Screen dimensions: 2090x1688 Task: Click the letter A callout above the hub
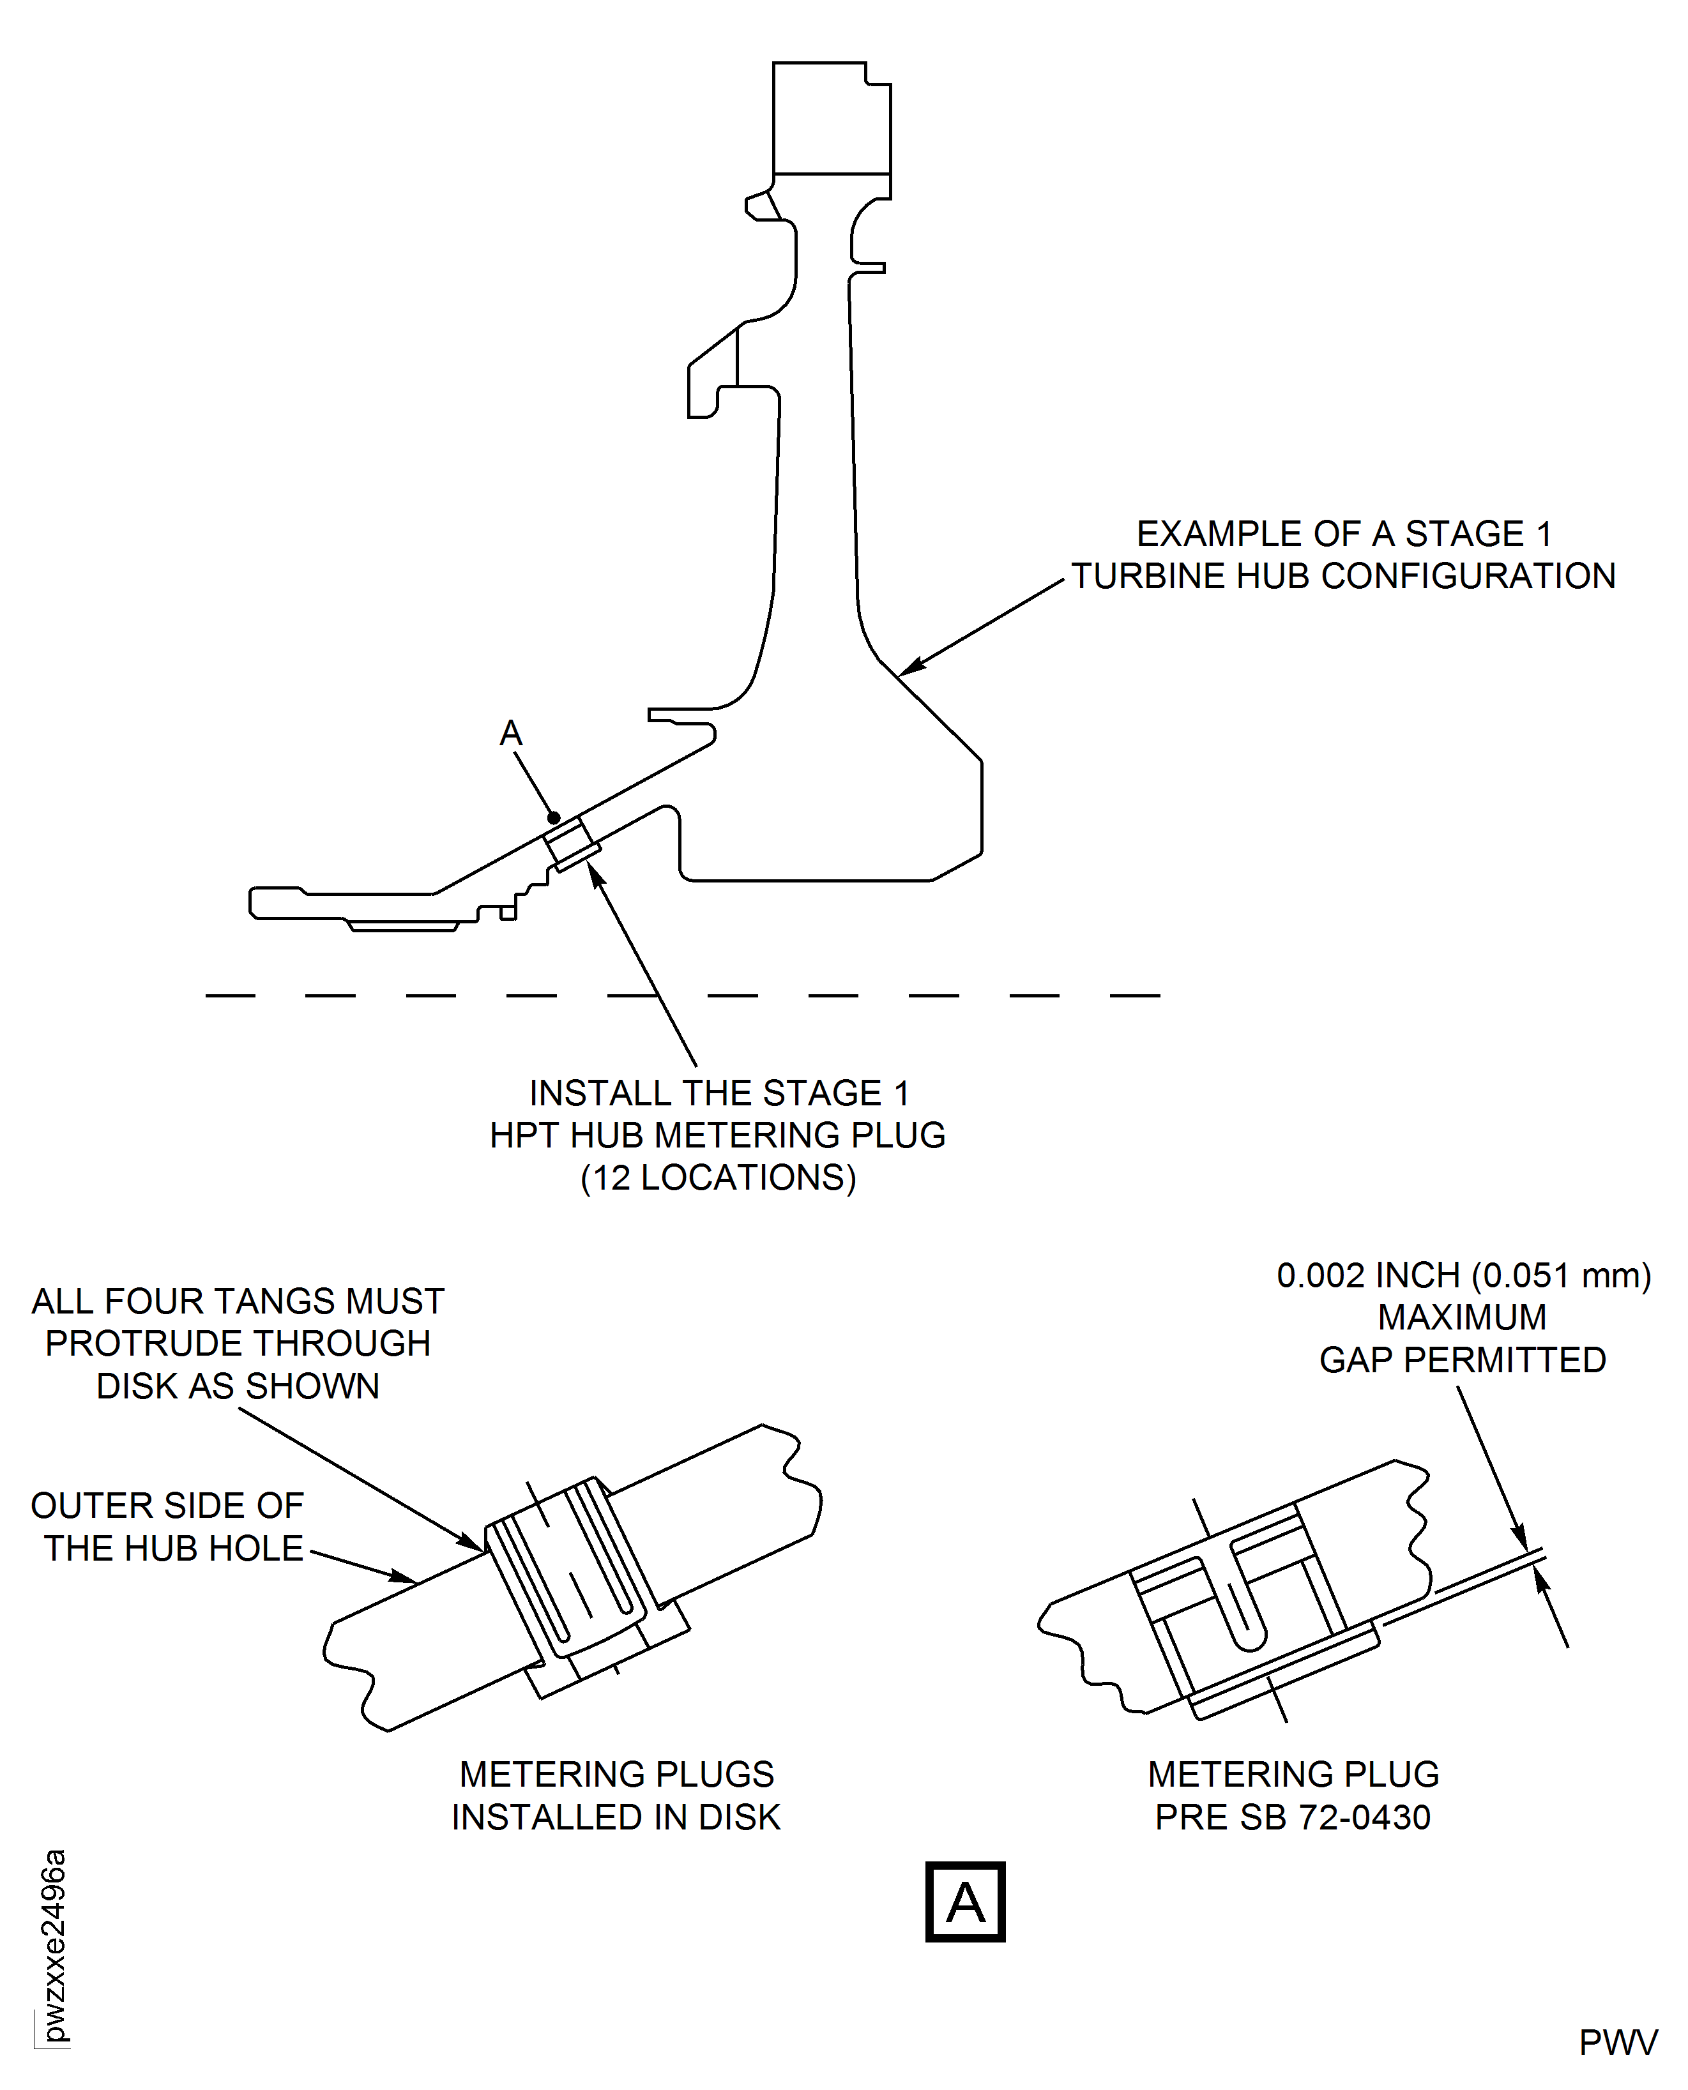[x=510, y=734]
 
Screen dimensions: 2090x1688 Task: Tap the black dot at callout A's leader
[x=553, y=817]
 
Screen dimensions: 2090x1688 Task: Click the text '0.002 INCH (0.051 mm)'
[x=1463, y=1275]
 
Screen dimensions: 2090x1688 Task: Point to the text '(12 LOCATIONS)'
[x=718, y=1178]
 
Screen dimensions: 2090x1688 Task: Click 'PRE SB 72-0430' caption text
[x=1292, y=1817]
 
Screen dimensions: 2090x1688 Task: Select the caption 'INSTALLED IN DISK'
[x=616, y=1817]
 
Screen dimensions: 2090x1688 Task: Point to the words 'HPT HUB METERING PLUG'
[x=718, y=1135]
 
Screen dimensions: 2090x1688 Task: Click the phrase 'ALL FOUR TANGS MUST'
[x=238, y=1301]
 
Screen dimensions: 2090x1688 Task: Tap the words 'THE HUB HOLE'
[x=173, y=1548]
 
